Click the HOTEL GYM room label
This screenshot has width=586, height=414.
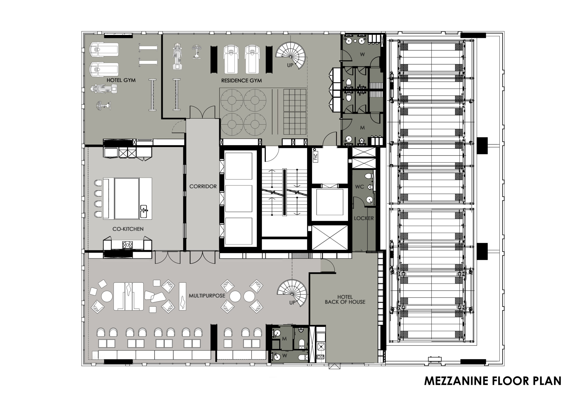121,80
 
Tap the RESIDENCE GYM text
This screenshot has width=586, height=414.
241,81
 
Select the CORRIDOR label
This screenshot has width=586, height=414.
203,186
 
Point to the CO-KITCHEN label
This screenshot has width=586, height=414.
128,229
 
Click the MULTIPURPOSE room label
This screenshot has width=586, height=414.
207,296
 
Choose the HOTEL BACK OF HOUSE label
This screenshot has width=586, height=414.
345,299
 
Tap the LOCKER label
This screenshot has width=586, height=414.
364,218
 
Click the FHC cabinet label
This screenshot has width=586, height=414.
316,156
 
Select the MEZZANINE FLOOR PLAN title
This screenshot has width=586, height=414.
493,381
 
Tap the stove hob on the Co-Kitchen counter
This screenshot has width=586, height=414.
127,245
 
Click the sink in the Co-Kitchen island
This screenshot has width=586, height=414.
144,211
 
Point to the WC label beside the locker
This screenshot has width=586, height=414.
359,187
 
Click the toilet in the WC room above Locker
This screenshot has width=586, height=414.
368,176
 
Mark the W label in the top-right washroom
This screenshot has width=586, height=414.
362,54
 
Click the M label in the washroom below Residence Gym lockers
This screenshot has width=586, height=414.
362,128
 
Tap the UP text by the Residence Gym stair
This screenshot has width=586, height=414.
290,65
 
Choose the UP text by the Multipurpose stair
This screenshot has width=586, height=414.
293,303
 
